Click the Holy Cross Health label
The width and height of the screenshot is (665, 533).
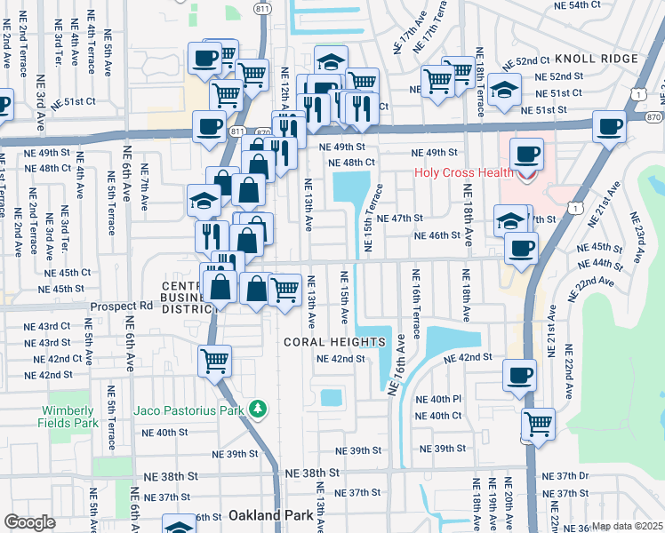pos(463,172)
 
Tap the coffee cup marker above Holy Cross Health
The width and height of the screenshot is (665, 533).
pos(525,154)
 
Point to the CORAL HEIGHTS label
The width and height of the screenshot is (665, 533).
pos(334,342)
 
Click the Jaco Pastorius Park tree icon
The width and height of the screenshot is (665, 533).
pos(258,409)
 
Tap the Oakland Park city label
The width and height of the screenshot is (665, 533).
pos(266,515)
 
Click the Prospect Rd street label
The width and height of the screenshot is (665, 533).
pos(121,306)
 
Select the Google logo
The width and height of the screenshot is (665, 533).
pos(29,522)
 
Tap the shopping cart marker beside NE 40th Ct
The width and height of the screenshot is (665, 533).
pos(538,423)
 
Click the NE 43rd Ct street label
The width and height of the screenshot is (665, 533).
pos(47,326)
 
